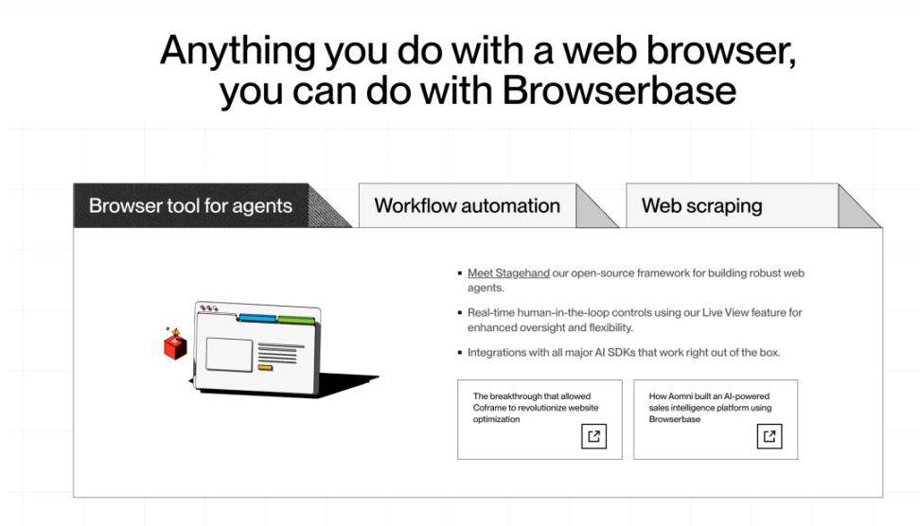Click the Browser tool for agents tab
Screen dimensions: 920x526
point(190,206)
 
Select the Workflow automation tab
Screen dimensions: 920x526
point(467,206)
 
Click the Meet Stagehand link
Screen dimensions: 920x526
point(508,273)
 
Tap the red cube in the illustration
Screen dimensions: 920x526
point(175,346)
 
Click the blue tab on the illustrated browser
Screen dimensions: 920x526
point(257,318)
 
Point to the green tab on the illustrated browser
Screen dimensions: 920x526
point(296,320)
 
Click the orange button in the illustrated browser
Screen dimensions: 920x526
point(265,368)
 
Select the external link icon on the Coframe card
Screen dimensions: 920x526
point(593,436)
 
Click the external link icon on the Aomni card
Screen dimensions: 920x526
point(770,436)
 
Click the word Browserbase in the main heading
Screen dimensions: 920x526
point(619,91)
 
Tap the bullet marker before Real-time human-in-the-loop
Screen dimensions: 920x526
point(460,312)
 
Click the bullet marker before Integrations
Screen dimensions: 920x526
point(460,353)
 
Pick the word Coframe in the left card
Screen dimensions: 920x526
point(488,408)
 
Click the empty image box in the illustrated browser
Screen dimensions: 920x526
point(229,354)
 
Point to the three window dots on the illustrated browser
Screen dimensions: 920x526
point(209,307)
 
